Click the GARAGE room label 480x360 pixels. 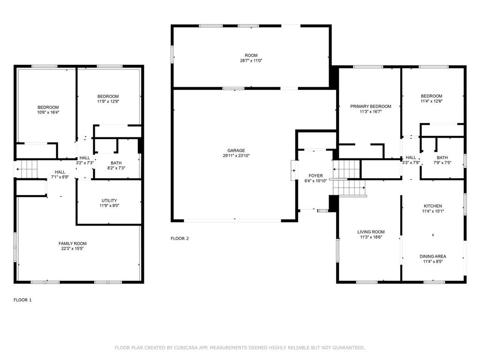[x=236, y=150]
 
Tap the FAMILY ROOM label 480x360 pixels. [x=73, y=244]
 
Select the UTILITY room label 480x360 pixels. [x=109, y=201]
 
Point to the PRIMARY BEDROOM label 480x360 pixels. [x=371, y=106]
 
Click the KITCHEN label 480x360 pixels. [x=433, y=206]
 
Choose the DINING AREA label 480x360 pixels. [x=433, y=256]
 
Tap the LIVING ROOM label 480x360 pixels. [x=371, y=232]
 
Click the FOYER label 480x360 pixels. [x=315, y=176]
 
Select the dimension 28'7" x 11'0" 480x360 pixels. [x=251, y=60]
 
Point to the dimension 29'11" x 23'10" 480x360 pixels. [x=236, y=156]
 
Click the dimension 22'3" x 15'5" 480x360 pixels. [x=73, y=248]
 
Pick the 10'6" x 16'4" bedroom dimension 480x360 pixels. [x=48, y=112]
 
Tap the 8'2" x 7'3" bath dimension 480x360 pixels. [x=116, y=168]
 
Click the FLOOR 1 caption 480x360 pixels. [x=22, y=300]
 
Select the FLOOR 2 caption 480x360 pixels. [x=180, y=239]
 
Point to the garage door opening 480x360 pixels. [x=232, y=220]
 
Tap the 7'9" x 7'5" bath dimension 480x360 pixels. [x=442, y=163]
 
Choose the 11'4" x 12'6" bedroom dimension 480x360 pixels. [x=431, y=101]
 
